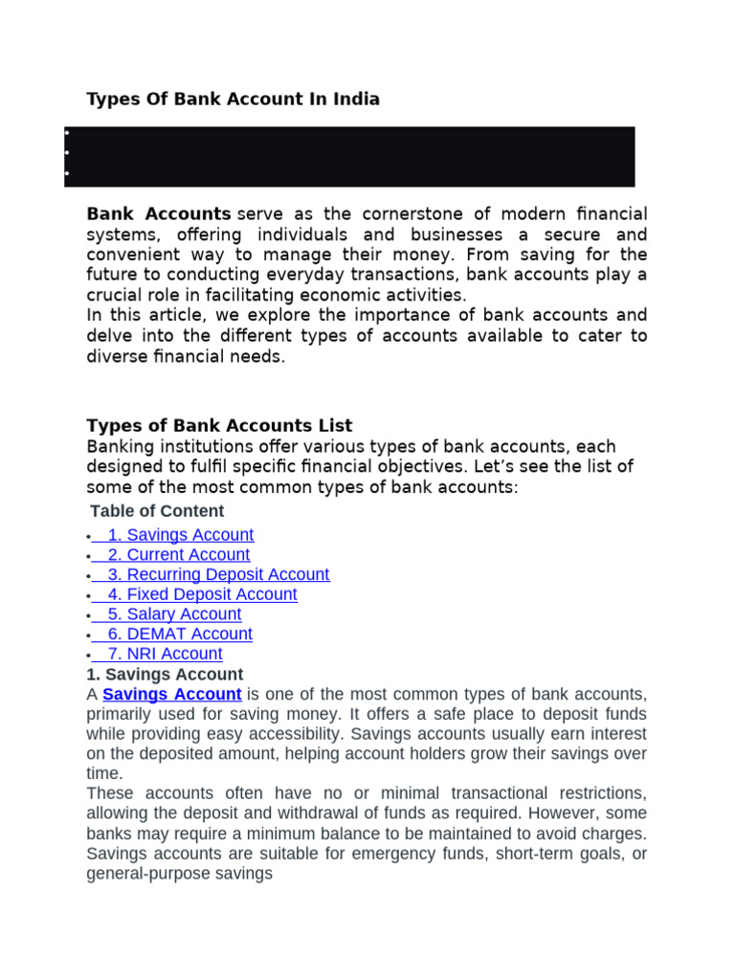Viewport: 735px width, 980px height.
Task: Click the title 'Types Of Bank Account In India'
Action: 233,99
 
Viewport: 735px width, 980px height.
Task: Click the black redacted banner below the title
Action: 349,156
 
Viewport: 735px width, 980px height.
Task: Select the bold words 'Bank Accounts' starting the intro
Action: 159,213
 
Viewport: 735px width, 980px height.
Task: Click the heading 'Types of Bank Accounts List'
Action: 219,426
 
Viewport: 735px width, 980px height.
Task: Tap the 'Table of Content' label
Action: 157,511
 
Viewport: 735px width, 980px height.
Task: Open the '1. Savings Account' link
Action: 180,535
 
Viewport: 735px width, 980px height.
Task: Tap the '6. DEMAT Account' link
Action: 179,635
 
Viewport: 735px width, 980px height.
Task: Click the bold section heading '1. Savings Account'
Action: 165,674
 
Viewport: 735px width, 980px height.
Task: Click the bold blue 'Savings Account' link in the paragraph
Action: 171,694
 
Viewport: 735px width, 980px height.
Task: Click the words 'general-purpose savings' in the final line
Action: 179,874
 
